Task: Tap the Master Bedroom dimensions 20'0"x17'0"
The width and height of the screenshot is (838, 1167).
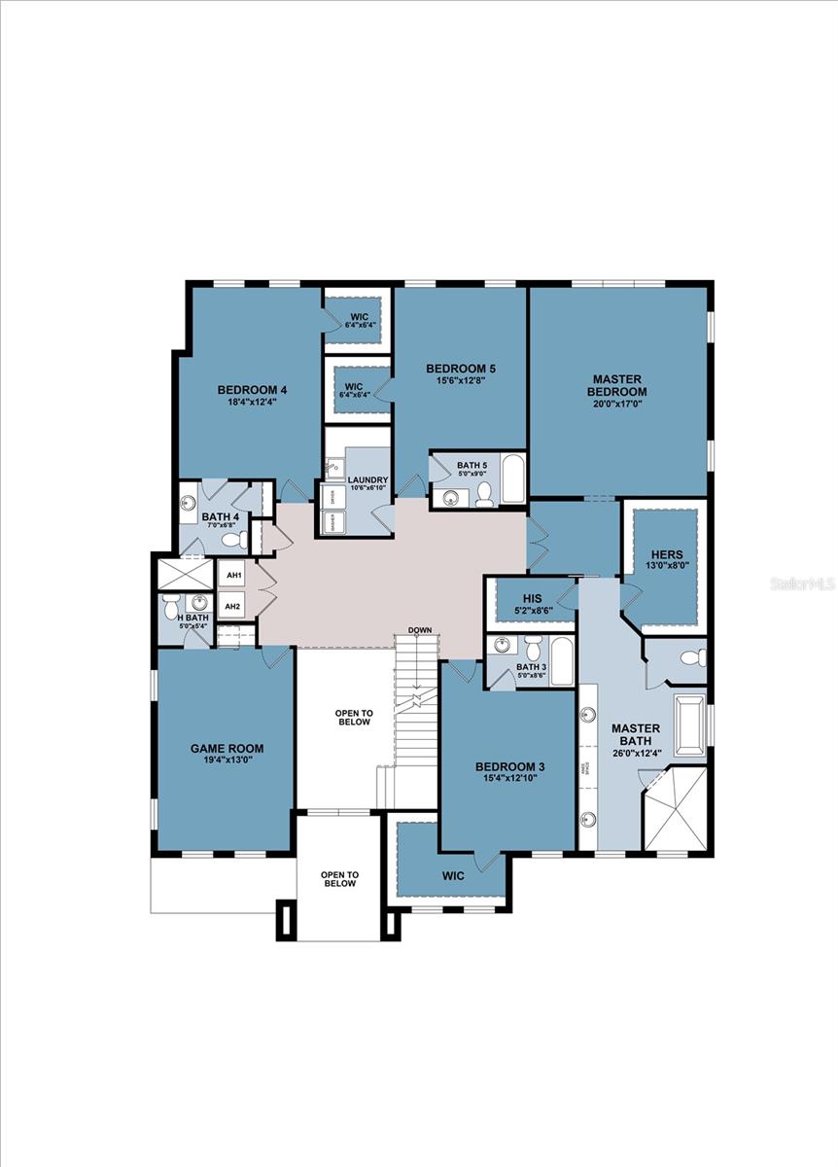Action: click(x=619, y=405)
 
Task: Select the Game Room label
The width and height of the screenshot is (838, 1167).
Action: click(x=227, y=748)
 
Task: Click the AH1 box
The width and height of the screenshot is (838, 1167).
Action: click(x=233, y=576)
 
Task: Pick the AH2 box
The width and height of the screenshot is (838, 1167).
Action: click(x=233, y=607)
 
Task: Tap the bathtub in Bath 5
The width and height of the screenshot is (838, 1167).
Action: click(x=512, y=479)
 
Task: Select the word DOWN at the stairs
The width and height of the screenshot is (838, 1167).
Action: click(x=420, y=630)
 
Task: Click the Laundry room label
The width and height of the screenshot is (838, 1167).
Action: click(x=367, y=479)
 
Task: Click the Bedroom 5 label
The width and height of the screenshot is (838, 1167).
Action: click(x=461, y=369)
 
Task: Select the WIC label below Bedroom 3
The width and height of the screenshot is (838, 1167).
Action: click(x=453, y=875)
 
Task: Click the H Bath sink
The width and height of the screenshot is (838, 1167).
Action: click(x=198, y=602)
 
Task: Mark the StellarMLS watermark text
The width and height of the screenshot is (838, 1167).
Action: click(x=802, y=583)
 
